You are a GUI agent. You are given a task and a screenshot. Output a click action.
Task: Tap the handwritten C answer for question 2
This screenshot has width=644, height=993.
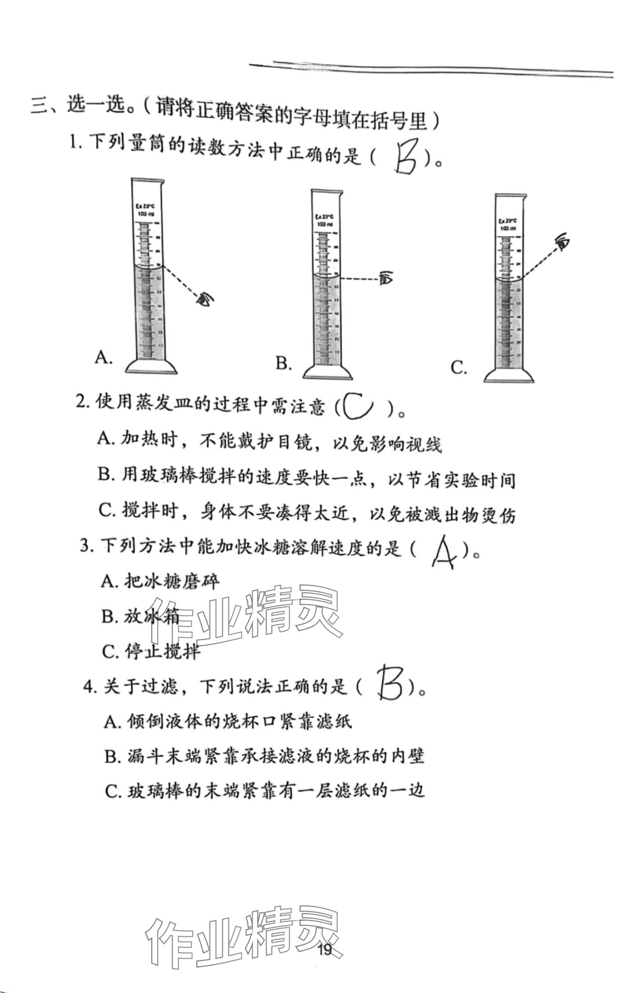pyautogui.click(x=358, y=406)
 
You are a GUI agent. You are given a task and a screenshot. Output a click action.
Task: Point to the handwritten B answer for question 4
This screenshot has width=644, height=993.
pyautogui.click(x=390, y=683)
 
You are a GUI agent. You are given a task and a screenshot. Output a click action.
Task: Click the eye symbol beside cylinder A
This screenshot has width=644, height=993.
pyautogui.click(x=205, y=299)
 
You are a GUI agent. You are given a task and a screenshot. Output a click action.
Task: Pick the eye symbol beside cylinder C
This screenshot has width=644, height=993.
pyautogui.click(x=562, y=241)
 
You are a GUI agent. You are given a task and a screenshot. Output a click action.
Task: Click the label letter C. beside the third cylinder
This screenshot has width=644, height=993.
pyautogui.click(x=459, y=368)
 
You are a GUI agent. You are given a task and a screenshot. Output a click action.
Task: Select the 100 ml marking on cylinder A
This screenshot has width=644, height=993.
pyautogui.click(x=147, y=213)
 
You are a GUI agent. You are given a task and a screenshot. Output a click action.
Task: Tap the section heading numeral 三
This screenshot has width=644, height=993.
pyautogui.click(x=40, y=106)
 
